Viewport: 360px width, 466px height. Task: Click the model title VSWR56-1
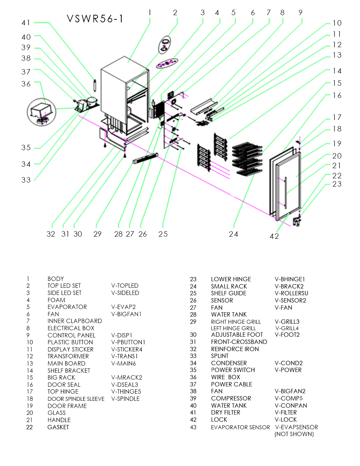(95, 19)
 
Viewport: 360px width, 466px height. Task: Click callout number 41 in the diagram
(26, 23)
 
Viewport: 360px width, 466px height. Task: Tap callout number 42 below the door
(274, 236)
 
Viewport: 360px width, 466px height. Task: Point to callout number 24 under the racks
(233, 234)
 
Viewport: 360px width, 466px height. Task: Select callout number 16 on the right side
(337, 95)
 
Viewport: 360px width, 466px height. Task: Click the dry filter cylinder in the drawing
(95, 85)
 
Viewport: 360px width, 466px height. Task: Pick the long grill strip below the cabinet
(146, 158)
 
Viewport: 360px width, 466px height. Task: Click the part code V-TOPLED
(125, 286)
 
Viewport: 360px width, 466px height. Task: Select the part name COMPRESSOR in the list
(231, 398)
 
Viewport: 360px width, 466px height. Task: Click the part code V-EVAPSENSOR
(296, 427)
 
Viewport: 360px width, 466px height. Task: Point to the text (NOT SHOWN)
(294, 434)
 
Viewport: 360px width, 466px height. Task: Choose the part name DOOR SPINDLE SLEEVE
(76, 399)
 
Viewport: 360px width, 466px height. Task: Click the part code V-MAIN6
(123, 363)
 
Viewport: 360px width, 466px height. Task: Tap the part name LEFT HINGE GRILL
(233, 328)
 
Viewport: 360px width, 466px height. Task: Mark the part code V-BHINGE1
(289, 279)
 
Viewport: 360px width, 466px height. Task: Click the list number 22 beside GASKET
(30, 427)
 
